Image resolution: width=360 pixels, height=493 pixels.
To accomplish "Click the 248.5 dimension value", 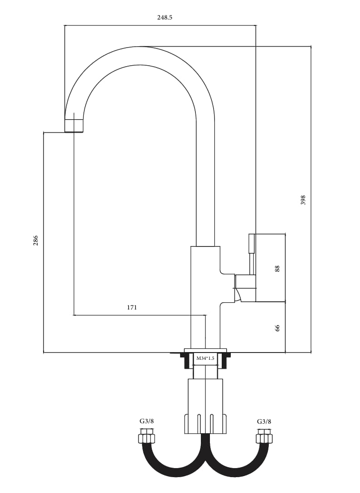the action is point(165,18).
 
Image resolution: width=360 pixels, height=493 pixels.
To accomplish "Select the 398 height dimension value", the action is point(303,200).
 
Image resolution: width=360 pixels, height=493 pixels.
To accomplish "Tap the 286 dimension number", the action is point(35,240).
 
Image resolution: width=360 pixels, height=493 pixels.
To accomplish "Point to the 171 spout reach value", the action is point(132,308).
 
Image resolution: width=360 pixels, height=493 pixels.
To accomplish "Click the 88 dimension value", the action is point(277,269).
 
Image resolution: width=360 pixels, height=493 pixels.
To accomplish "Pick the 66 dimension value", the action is point(277,328).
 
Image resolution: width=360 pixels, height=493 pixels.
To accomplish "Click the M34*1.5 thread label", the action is point(205,358).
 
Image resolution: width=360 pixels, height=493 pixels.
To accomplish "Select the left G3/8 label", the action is point(146,421).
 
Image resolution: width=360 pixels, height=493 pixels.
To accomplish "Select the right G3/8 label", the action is point(264,421).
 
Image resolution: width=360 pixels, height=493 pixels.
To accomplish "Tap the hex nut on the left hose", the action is point(146,438).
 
